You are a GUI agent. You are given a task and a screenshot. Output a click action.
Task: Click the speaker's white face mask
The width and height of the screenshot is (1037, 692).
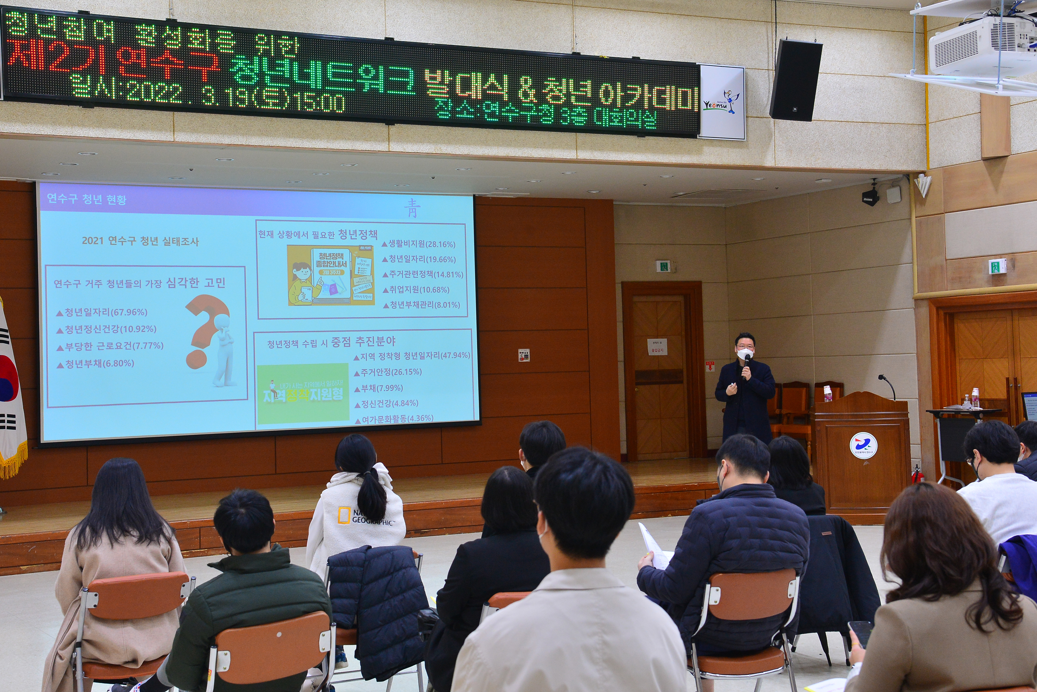point(745,354)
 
